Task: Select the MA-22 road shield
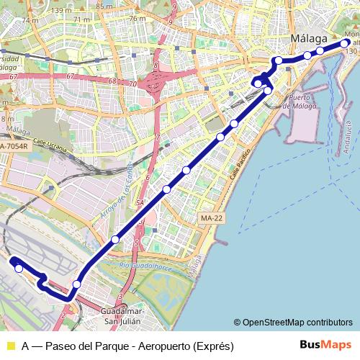click(x=211, y=217)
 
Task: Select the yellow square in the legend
click(x=9, y=346)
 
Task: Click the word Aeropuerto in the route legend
click(x=160, y=346)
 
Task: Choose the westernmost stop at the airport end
click(x=19, y=269)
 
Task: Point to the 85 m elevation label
click(x=105, y=6)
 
